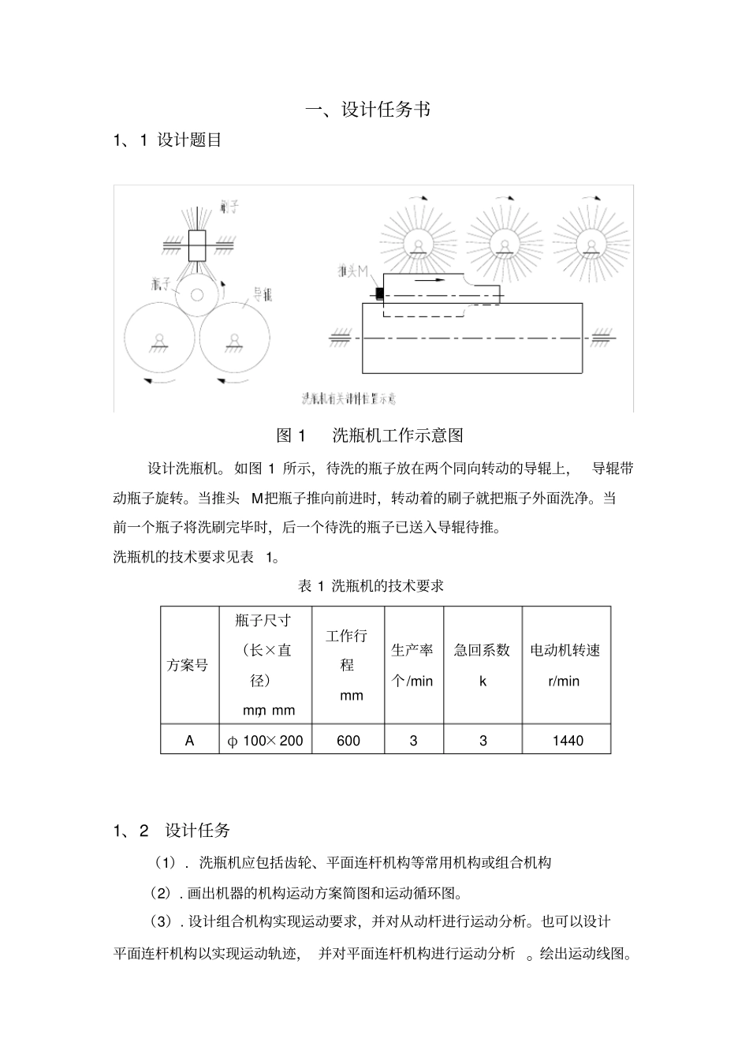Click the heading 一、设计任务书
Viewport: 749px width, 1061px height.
pos(368,110)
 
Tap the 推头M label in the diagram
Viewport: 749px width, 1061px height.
pos(351,272)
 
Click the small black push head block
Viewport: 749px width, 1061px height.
pos(379,293)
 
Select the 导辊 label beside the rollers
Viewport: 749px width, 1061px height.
pos(262,296)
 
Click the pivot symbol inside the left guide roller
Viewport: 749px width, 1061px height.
pos(158,340)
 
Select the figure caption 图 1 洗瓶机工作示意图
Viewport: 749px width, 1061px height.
pos(369,435)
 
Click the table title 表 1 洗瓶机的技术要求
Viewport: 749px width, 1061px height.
pos(371,585)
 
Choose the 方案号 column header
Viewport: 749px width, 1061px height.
pos(188,665)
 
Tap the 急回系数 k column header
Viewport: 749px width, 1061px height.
pos(483,665)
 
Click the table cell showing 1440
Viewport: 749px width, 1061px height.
pos(567,741)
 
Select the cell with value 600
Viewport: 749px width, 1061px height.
pos(348,741)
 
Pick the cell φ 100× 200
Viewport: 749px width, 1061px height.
pos(265,741)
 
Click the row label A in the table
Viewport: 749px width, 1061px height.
pos(189,741)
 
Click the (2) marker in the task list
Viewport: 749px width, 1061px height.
pos(161,894)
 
